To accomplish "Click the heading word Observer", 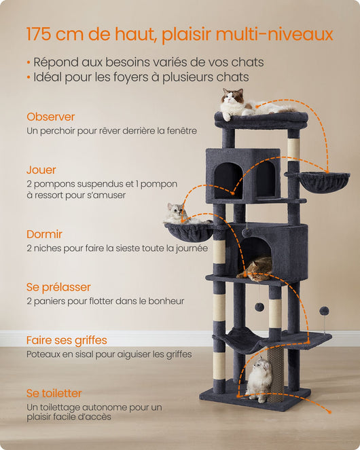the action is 50,117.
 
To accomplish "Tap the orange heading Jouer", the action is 41,170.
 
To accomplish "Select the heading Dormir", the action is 44,234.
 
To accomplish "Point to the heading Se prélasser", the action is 58,287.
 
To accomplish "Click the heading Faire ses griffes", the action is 67,340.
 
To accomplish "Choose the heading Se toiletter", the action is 54,393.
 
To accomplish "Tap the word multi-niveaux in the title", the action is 274,34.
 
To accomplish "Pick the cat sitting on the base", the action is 259,379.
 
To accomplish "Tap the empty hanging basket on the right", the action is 317,181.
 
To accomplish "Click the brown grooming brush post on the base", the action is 276,375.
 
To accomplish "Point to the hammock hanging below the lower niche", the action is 245,341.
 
